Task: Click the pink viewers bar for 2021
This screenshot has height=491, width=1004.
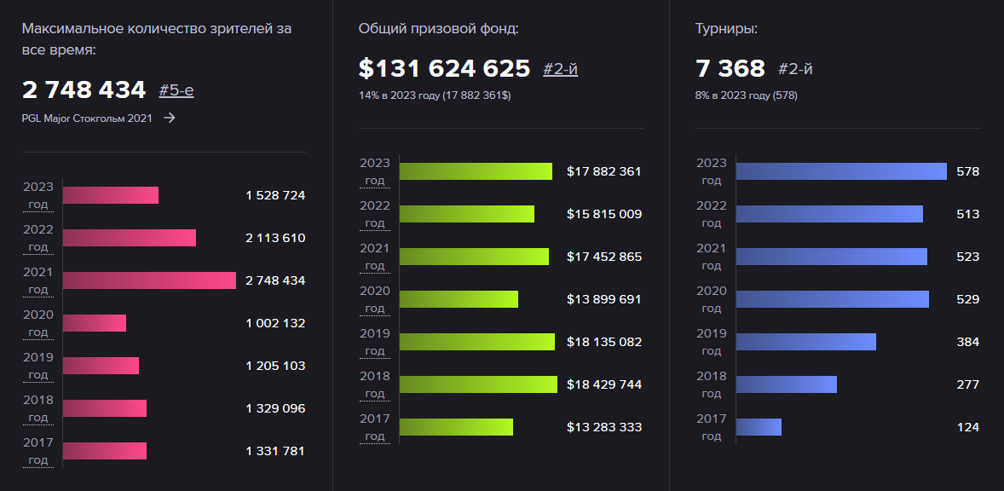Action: click(x=149, y=280)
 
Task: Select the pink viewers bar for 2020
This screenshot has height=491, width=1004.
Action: click(x=94, y=323)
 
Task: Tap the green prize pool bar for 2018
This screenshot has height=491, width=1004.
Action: click(x=477, y=384)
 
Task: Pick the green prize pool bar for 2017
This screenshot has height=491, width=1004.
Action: click(x=456, y=427)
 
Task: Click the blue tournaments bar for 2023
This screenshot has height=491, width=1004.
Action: click(x=840, y=171)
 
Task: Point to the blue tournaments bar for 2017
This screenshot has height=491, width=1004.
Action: click(x=759, y=427)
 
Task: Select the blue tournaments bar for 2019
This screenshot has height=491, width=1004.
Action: click(x=805, y=342)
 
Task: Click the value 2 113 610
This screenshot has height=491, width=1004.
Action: click(x=275, y=238)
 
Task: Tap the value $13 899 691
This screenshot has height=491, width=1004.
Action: click(x=603, y=299)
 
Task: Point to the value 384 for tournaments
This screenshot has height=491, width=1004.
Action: click(x=967, y=342)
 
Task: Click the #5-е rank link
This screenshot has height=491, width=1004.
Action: click(x=176, y=90)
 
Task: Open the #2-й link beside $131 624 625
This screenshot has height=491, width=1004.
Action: click(x=560, y=69)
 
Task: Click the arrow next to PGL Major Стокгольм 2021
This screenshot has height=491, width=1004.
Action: click(x=170, y=118)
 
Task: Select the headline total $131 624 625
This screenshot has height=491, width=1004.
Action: click(x=444, y=68)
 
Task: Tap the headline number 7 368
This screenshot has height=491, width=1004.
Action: click(x=730, y=68)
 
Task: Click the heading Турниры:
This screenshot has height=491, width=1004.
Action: click(x=726, y=29)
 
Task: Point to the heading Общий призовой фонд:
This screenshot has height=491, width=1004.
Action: click(x=438, y=29)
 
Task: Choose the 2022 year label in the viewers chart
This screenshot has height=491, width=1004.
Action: click(x=38, y=230)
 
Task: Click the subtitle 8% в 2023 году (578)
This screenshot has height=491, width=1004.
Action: click(x=746, y=95)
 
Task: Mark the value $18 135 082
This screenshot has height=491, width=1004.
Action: click(x=603, y=342)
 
